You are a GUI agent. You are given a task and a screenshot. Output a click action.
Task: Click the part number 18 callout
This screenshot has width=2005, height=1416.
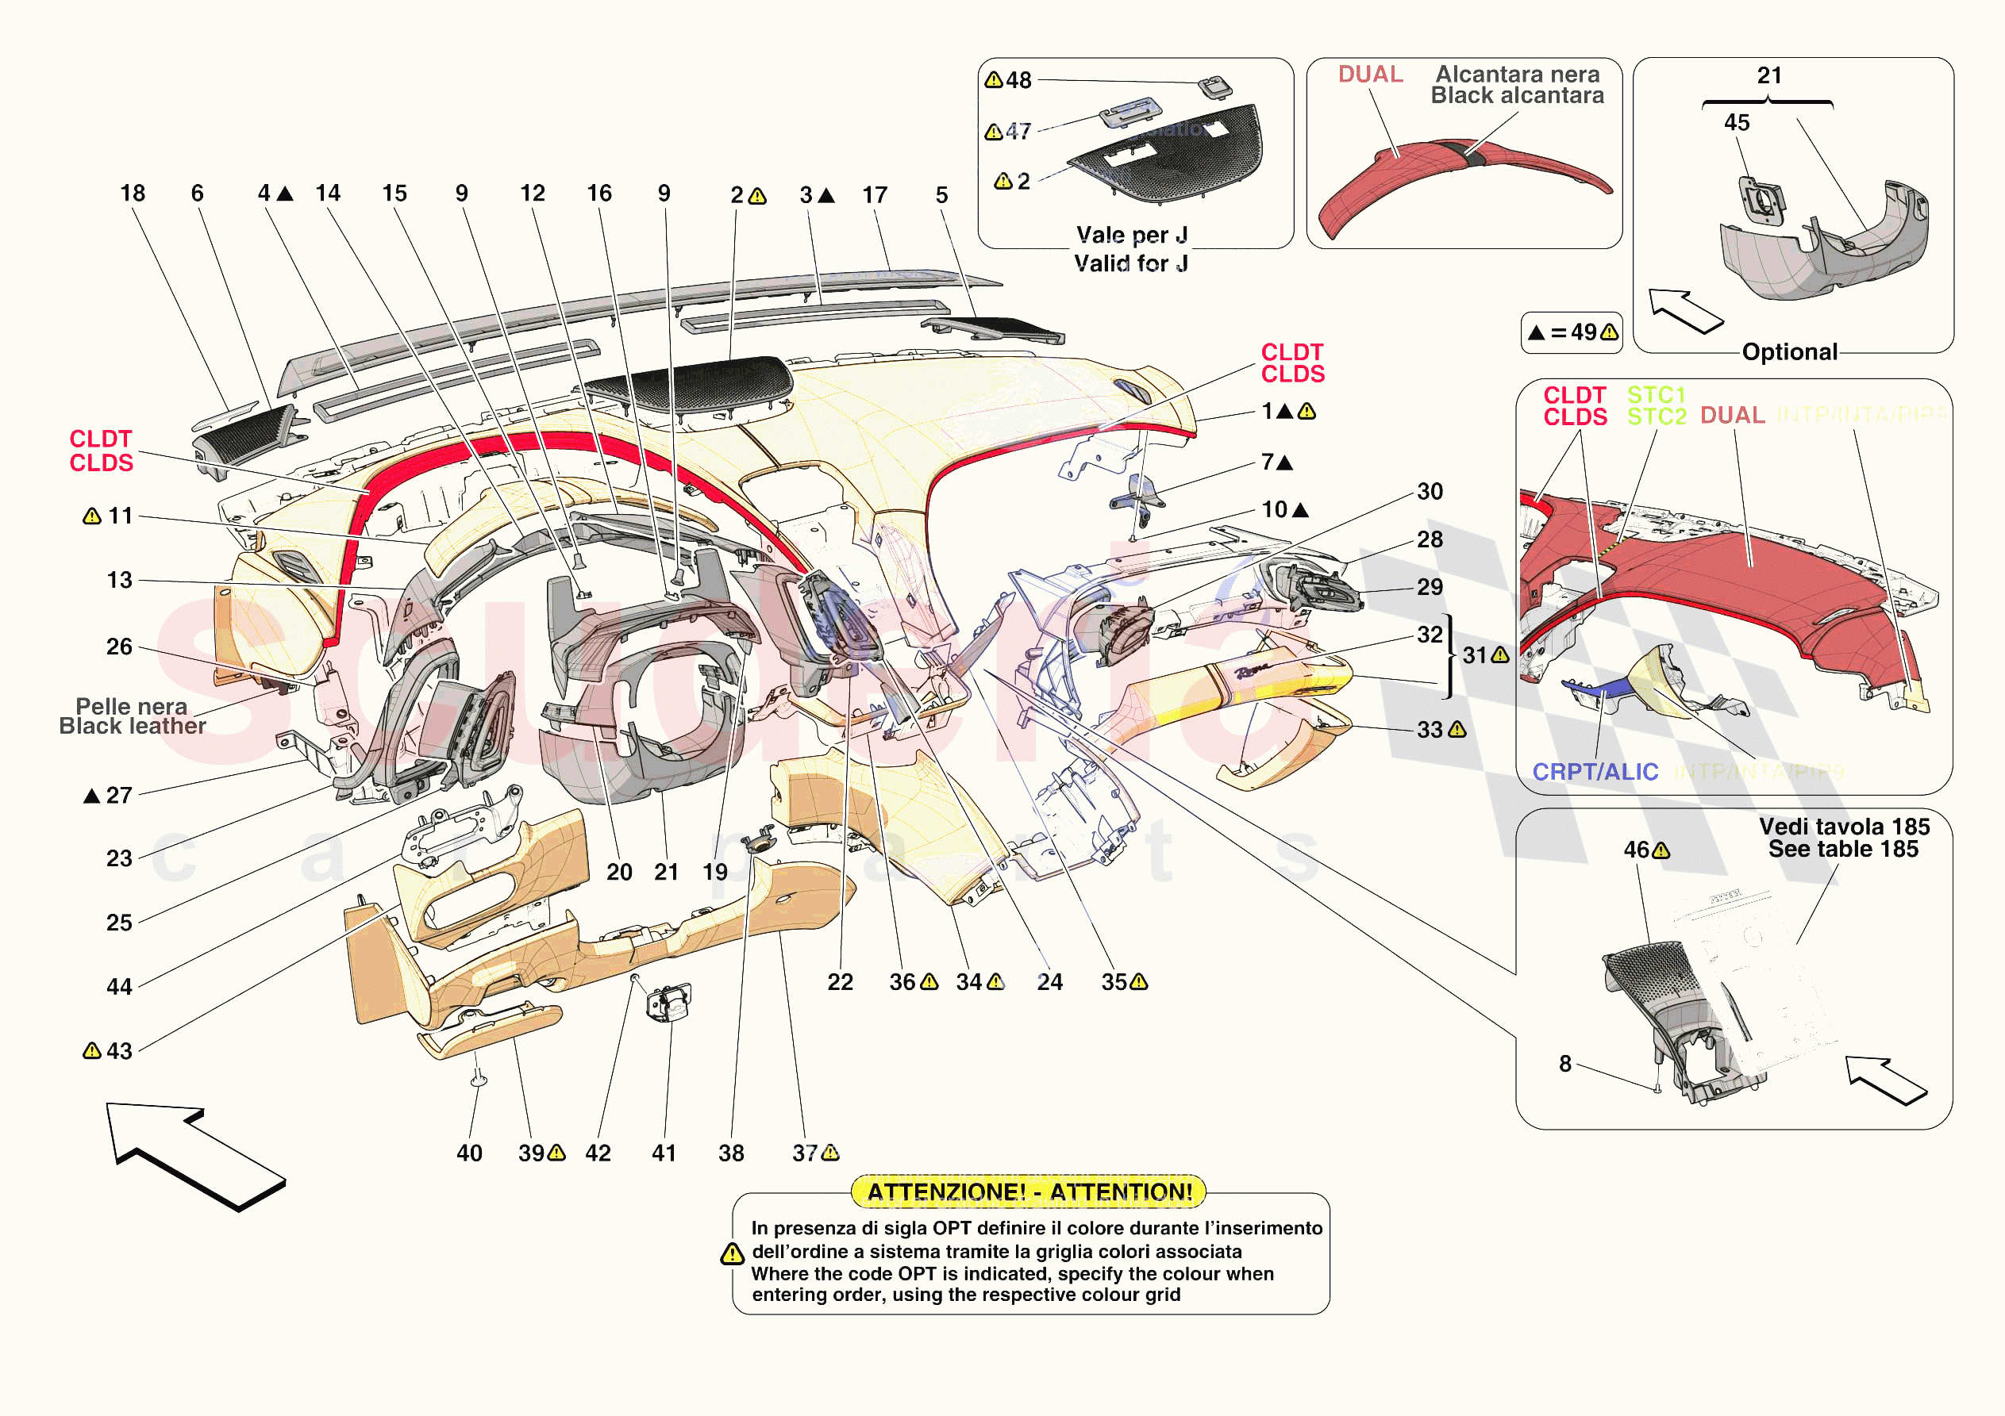click(133, 193)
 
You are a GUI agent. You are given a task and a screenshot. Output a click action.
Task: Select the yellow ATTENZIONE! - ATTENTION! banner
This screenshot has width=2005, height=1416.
click(1029, 1192)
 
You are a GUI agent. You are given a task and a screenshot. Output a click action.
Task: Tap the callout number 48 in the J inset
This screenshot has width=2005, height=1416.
click(1018, 80)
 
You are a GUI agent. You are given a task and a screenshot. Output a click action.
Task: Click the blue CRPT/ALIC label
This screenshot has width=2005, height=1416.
click(1595, 772)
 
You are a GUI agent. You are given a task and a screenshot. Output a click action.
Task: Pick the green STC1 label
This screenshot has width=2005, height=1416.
click(1656, 394)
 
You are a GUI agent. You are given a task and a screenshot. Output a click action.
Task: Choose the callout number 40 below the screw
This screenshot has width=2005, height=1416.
click(469, 1153)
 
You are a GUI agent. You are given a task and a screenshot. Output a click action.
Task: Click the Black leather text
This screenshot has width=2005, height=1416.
click(133, 727)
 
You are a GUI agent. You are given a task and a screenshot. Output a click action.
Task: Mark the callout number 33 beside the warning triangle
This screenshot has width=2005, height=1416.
click(1430, 730)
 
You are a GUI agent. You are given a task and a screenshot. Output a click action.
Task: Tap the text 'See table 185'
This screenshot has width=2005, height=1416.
click(1842, 850)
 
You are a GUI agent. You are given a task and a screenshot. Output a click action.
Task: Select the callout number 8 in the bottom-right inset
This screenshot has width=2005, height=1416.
click(1565, 1063)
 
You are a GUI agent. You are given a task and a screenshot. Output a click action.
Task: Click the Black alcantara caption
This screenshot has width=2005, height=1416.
click(1517, 96)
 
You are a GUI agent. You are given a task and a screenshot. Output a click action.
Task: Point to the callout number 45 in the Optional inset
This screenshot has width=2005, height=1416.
click(1736, 123)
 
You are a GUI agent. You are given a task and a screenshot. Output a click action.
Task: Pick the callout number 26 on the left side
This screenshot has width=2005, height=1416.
click(120, 647)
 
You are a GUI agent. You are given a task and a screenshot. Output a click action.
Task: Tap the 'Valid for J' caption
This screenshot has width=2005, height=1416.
click(1131, 263)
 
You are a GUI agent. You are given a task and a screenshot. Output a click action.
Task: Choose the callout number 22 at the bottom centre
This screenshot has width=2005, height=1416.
click(840, 982)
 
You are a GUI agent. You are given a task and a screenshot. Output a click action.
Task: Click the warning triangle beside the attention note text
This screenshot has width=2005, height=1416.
click(732, 1254)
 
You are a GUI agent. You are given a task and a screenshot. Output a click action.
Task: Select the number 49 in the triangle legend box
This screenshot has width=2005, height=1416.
click(1584, 332)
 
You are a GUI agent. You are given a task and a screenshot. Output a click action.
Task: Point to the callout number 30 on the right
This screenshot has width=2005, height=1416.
click(1430, 492)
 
